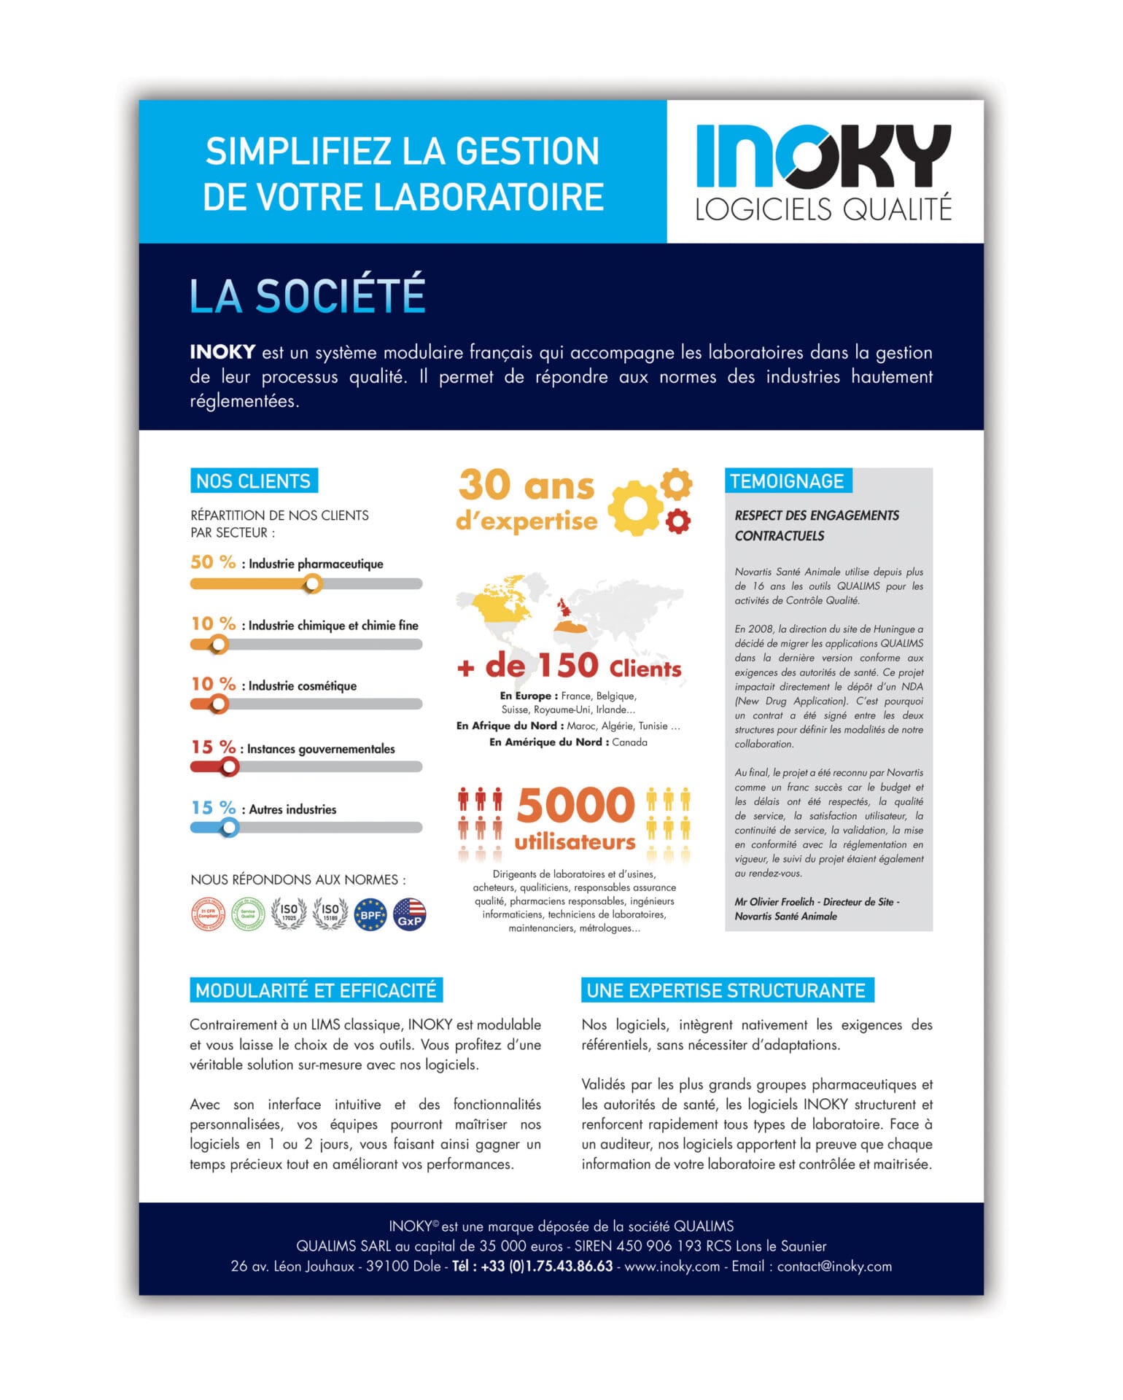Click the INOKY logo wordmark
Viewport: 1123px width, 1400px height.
(x=823, y=156)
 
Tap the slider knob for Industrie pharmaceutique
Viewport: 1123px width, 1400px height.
(x=313, y=583)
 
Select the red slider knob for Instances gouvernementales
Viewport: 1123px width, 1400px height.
(x=230, y=766)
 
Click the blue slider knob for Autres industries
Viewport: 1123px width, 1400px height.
(x=230, y=828)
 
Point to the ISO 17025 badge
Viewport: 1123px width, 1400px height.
(x=289, y=914)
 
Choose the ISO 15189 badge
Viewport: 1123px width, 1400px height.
(x=330, y=914)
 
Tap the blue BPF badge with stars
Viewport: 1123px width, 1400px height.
(x=370, y=914)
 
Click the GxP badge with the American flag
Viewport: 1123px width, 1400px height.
(x=410, y=914)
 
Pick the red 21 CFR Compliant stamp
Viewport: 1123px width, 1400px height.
(x=208, y=914)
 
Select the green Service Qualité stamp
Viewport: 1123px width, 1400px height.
(x=248, y=914)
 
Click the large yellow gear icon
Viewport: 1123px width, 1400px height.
(x=634, y=507)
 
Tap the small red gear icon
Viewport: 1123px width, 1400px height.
(x=678, y=521)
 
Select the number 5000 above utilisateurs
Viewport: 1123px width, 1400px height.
(x=576, y=805)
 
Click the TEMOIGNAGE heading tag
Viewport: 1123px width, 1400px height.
(x=788, y=481)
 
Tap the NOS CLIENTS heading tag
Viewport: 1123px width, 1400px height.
(x=254, y=481)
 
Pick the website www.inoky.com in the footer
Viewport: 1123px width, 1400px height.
(x=672, y=1266)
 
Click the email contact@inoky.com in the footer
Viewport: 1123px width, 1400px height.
(x=834, y=1266)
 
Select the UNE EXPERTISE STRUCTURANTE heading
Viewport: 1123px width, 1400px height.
(x=727, y=990)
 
